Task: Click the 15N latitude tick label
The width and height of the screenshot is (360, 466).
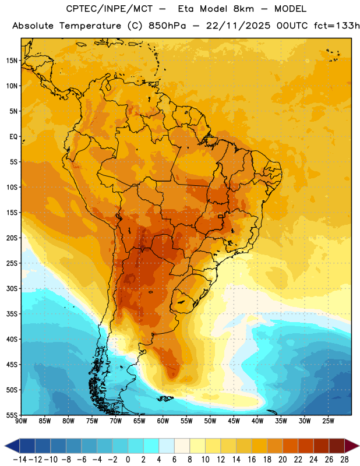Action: (x=12, y=61)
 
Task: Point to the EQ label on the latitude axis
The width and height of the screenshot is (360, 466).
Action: (x=13, y=137)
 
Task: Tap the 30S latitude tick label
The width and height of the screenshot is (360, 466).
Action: (x=12, y=288)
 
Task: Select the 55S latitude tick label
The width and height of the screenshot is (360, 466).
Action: (x=12, y=415)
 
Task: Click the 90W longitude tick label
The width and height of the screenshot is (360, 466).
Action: (x=21, y=421)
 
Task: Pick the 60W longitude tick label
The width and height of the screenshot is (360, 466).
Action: (x=163, y=421)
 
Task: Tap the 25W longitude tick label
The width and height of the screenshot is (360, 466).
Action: (x=328, y=421)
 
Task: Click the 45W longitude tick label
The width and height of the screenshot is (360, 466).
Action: (x=234, y=421)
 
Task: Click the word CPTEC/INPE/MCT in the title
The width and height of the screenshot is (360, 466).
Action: (x=110, y=9)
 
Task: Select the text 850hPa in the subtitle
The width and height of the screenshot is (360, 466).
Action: (x=167, y=26)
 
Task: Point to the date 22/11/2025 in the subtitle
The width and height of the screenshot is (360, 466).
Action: (x=238, y=26)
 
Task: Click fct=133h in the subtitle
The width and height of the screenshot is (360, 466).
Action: (x=337, y=26)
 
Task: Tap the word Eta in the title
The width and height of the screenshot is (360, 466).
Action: (x=186, y=9)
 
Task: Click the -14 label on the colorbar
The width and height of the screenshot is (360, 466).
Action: (x=20, y=460)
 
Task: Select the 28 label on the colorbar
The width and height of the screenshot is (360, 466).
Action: (x=344, y=460)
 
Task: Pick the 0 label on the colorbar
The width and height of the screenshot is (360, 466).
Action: (x=128, y=460)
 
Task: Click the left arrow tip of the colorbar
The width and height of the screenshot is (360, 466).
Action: (x=5, y=446)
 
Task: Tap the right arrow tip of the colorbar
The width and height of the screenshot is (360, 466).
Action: (x=359, y=446)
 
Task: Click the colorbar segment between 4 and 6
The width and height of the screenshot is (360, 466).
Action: (x=167, y=446)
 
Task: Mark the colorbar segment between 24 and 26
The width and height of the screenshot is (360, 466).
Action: (x=322, y=446)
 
